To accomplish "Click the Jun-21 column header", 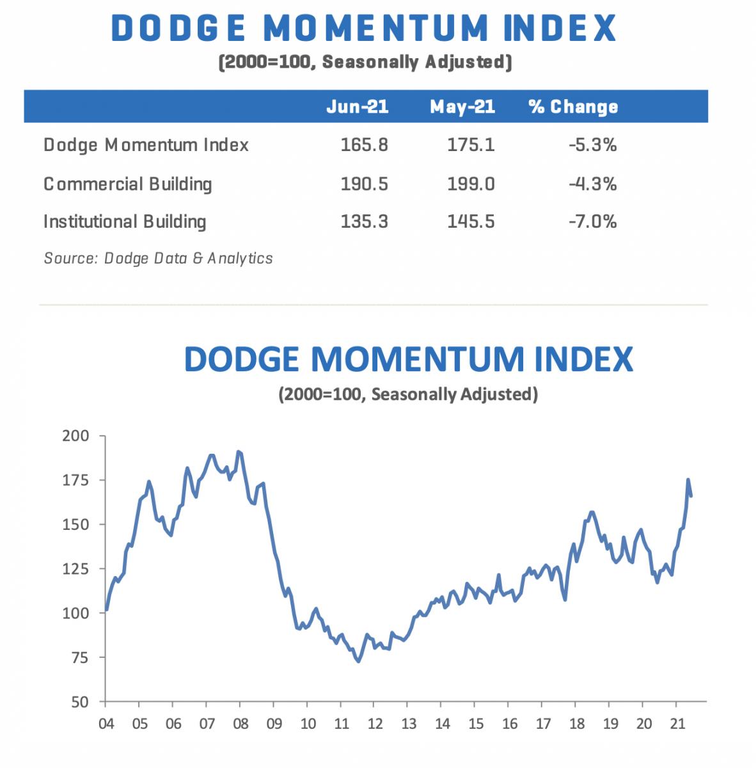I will coord(357,106).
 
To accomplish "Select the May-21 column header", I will coord(462,106).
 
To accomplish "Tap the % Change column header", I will coord(574,106).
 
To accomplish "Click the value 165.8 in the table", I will coord(365,145).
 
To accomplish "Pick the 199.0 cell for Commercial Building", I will coord(471,184).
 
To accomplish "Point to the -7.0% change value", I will coord(593,222).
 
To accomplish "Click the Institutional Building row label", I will coord(125,222).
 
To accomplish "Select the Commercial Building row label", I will coord(127,184).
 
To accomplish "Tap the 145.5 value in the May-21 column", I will coord(471,222).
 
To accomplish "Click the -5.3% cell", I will coord(593,145).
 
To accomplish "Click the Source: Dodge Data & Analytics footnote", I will coord(158,259).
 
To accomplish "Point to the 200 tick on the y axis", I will coord(76,436).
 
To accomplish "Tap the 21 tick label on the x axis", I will coord(677,724).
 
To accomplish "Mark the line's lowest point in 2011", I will coord(358,661).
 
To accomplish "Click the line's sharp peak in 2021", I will coord(688,479).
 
